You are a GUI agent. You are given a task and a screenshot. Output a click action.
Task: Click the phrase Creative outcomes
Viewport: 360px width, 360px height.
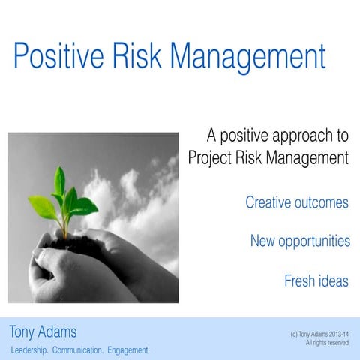click(x=297, y=202)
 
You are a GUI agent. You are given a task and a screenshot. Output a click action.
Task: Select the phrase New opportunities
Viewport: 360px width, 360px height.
click(x=300, y=241)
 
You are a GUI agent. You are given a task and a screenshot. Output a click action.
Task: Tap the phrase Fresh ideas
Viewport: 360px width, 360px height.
click(x=316, y=281)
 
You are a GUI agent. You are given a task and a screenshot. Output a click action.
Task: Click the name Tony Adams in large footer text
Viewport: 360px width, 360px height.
click(x=43, y=331)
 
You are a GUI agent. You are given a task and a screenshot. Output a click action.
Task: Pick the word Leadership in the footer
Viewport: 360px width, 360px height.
click(x=29, y=350)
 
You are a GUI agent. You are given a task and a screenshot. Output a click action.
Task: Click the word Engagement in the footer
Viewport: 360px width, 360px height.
click(x=128, y=350)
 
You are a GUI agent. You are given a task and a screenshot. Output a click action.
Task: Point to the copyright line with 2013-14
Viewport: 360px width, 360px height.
click(x=319, y=334)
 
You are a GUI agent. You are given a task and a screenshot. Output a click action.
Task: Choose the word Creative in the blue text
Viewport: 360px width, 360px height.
click(x=268, y=202)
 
